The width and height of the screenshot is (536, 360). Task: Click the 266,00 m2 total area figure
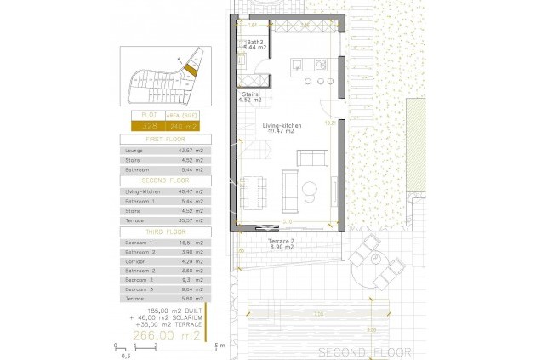tap(166, 335)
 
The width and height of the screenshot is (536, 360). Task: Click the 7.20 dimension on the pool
tap(316, 315)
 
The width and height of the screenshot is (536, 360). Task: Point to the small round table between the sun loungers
tap(376, 259)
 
